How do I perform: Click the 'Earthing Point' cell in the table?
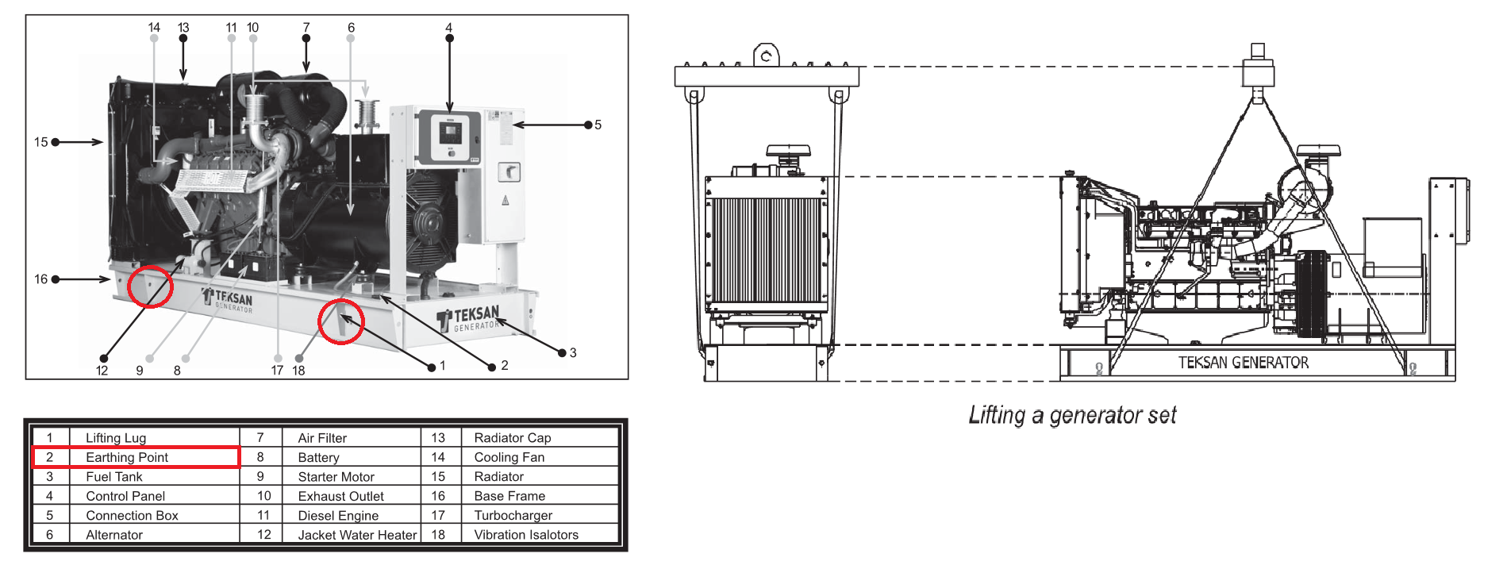pyautogui.click(x=127, y=457)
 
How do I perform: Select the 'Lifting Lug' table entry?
pyautogui.click(x=116, y=438)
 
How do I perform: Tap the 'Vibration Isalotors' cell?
pyautogui.click(x=526, y=535)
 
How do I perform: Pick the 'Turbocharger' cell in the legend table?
pyautogui.click(x=513, y=515)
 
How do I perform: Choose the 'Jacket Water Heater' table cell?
pyautogui.click(x=357, y=535)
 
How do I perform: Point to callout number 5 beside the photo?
pyautogui.click(x=598, y=125)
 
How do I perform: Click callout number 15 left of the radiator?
pyautogui.click(x=41, y=142)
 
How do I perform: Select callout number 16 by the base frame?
pyautogui.click(x=41, y=279)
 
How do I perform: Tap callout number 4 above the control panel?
pyautogui.click(x=449, y=28)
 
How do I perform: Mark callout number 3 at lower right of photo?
pyautogui.click(x=573, y=353)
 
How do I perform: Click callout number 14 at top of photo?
pyautogui.click(x=154, y=28)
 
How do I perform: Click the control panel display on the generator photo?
pyautogui.click(x=450, y=133)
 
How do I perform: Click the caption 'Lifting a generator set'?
pyautogui.click(x=1072, y=415)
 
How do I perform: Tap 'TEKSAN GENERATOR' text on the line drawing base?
pyautogui.click(x=1243, y=363)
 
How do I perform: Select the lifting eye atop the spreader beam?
pyautogui.click(x=766, y=56)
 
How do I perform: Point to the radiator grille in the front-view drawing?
pyautogui.click(x=766, y=250)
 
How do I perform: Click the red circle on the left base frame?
pyautogui.click(x=150, y=286)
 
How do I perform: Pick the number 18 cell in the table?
pyautogui.click(x=438, y=535)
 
